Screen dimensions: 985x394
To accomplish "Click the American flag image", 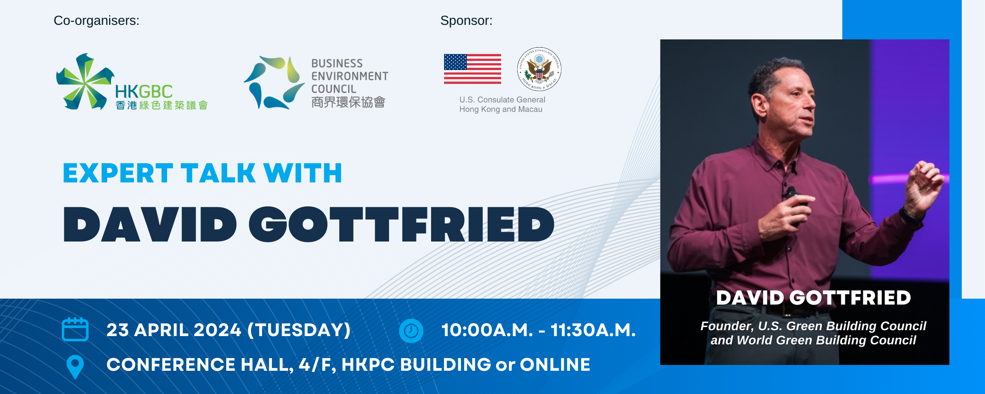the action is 472,69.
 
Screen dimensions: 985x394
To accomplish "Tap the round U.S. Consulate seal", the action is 539,69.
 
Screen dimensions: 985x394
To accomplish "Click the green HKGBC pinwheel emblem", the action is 85,82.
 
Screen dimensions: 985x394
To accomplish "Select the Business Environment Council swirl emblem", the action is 274,82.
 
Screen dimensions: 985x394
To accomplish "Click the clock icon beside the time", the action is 411,331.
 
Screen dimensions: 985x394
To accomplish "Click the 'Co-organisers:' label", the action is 97,20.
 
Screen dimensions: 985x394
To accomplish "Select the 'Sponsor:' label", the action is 466,20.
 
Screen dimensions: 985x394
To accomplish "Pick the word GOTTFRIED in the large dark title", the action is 401,224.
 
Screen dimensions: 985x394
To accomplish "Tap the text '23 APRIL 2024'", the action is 174,330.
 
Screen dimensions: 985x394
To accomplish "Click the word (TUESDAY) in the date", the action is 299,330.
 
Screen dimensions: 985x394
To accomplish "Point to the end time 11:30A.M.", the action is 593,330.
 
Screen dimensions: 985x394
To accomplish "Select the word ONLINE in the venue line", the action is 555,364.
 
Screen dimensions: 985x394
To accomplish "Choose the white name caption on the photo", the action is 814,298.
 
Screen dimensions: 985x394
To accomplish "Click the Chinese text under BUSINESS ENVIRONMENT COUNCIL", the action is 348,102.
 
